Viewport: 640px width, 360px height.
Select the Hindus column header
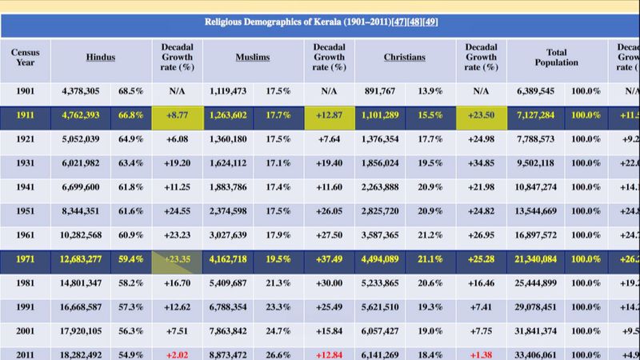point(101,58)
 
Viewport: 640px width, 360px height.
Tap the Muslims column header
point(252,58)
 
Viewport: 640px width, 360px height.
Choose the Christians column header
point(404,58)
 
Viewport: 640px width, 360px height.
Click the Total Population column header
point(556,58)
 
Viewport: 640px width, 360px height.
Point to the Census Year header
point(25,58)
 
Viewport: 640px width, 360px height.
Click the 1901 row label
point(25,91)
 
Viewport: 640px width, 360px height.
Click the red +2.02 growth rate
point(177,354)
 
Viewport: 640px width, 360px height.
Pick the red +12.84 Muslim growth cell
point(329,354)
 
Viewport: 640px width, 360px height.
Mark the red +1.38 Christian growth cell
point(481,354)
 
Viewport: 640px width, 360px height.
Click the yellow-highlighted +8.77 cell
point(177,115)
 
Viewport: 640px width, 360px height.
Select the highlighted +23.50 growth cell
point(481,115)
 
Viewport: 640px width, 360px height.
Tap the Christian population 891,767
point(382,91)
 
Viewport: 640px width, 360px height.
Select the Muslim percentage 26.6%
point(278,354)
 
